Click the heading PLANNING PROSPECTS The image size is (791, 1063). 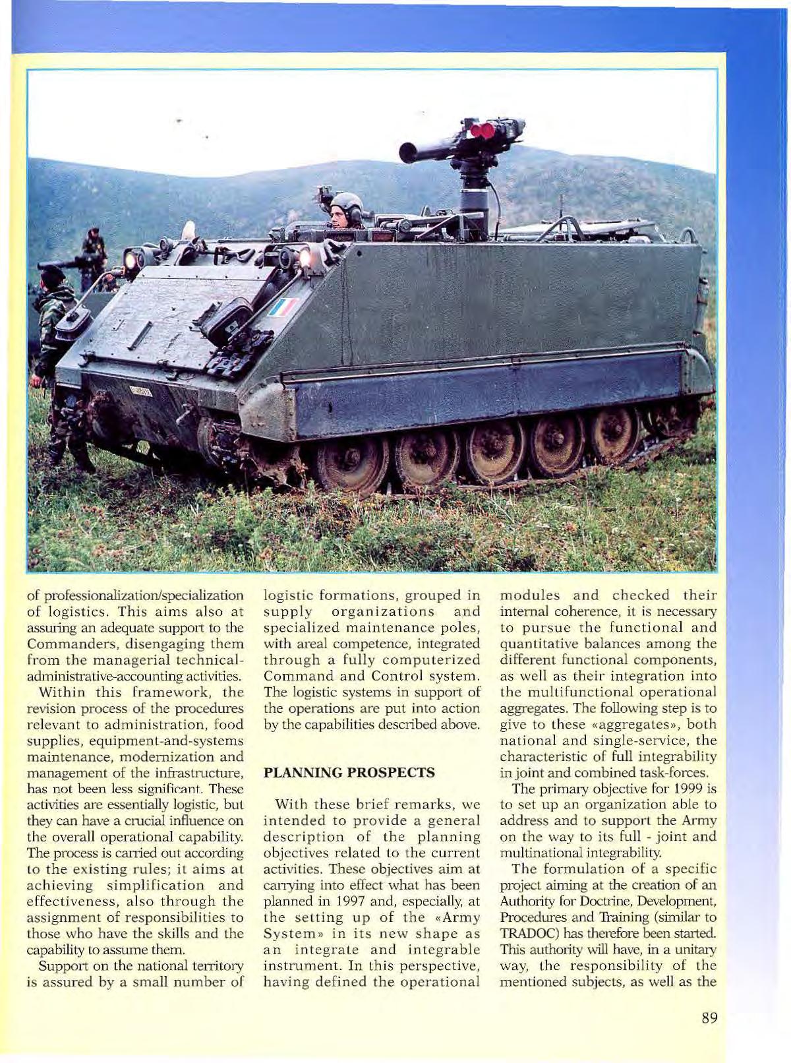tap(349, 772)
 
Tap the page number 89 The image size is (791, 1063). tap(709, 1017)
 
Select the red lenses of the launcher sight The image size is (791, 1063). tap(483, 130)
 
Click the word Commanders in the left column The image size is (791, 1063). tap(70, 644)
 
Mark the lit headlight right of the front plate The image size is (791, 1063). tap(305, 257)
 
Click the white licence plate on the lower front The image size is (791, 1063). tap(140, 391)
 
